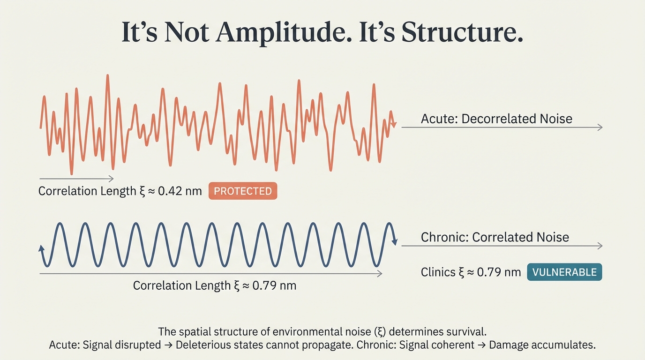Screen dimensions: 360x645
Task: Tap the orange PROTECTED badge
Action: pos(242,191)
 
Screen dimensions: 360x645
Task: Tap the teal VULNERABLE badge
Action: pos(564,272)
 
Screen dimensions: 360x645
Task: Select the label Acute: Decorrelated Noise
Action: pos(496,119)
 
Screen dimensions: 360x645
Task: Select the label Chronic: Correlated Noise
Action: pos(495,237)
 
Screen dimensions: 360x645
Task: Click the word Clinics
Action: pos(438,272)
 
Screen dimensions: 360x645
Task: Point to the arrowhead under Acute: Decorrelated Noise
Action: pos(600,127)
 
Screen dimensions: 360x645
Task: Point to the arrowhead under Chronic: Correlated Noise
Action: pos(600,246)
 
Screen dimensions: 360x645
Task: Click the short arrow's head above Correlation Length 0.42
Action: pos(111,179)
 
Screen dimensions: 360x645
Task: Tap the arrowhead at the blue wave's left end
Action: pos(41,248)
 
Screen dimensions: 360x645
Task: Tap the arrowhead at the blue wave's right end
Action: pos(395,242)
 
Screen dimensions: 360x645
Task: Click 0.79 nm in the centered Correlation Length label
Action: pos(274,285)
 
